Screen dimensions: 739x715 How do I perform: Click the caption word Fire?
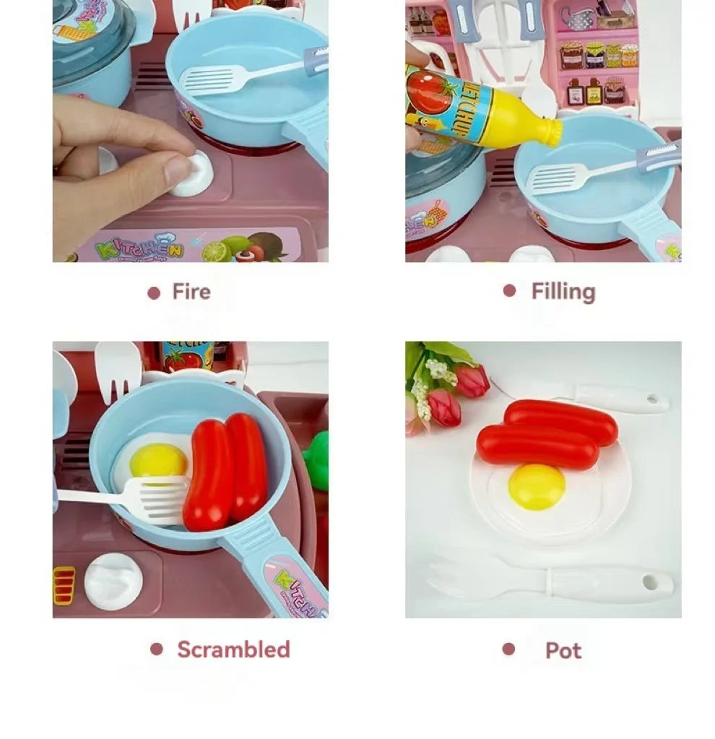point(191,292)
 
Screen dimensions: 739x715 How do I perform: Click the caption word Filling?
point(563,291)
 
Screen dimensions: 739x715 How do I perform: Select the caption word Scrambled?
point(233,649)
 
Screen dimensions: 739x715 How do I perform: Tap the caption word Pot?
point(563,650)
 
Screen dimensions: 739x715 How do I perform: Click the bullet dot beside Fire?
point(153,293)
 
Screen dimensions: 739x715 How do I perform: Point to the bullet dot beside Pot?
point(508,649)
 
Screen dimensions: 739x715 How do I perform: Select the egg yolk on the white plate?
point(536,486)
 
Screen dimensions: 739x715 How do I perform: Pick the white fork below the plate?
point(549,582)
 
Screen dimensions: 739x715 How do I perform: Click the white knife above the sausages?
point(607,396)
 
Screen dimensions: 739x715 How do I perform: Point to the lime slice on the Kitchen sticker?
point(215,252)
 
